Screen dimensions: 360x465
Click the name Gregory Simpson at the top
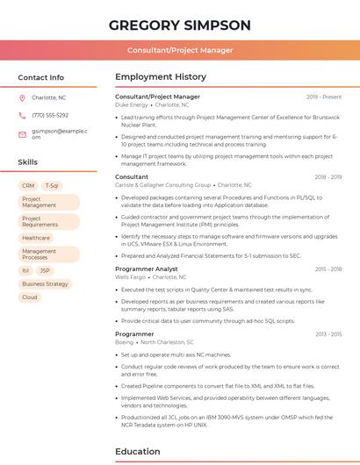[x=179, y=25]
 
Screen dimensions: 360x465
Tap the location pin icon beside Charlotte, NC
[x=22, y=97]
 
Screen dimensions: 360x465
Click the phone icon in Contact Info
[x=22, y=115]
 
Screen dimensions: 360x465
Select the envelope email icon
[x=22, y=133]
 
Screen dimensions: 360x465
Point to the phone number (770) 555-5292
[x=50, y=115]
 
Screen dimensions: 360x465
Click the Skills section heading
[x=28, y=162]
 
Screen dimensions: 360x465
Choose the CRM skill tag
[x=28, y=186]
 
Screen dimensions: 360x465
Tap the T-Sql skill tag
[x=52, y=186]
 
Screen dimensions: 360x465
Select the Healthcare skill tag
[x=36, y=238]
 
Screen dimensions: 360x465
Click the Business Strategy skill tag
[x=45, y=284]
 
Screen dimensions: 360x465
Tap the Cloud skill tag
[x=30, y=297]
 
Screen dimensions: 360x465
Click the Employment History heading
[x=161, y=77]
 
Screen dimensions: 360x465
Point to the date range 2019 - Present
[x=324, y=97]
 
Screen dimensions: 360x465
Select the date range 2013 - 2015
[x=328, y=334]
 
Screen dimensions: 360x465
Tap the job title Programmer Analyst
[x=147, y=268]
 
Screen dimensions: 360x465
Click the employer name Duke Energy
[x=132, y=104]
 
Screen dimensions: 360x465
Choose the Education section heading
[x=139, y=452]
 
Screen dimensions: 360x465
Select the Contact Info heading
[x=41, y=77]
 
